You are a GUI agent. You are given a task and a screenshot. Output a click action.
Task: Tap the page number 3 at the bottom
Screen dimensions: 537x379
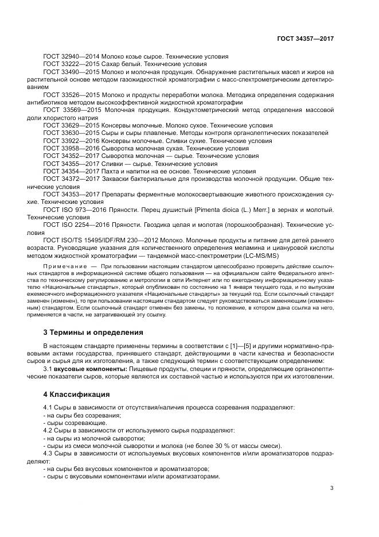pos(332,488)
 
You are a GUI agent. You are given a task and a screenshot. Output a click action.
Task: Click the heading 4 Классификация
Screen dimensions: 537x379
pos(76,395)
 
